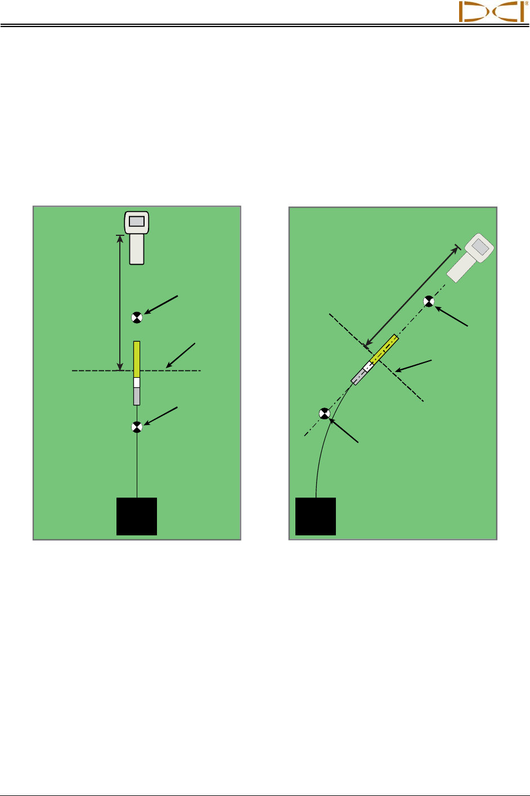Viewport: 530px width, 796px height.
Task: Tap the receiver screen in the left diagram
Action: coord(137,221)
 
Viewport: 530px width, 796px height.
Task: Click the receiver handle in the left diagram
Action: coord(137,249)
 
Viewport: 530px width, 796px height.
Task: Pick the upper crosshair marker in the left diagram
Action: coord(137,317)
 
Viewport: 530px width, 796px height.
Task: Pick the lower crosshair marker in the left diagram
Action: coord(137,427)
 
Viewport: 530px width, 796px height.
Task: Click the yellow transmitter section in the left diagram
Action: coord(137,359)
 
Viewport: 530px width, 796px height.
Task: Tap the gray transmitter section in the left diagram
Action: coord(137,396)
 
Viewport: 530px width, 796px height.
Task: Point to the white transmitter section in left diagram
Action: coord(137,382)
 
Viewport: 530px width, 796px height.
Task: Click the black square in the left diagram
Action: coord(137,516)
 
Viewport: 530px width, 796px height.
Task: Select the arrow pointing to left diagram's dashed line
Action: coord(181,355)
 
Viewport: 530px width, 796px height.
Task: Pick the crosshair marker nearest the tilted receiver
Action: coord(429,302)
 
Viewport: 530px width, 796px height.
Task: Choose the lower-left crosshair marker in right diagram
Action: coord(324,414)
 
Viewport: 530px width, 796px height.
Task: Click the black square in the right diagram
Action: coord(316,516)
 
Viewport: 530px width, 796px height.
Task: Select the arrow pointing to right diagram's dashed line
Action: coord(413,365)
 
